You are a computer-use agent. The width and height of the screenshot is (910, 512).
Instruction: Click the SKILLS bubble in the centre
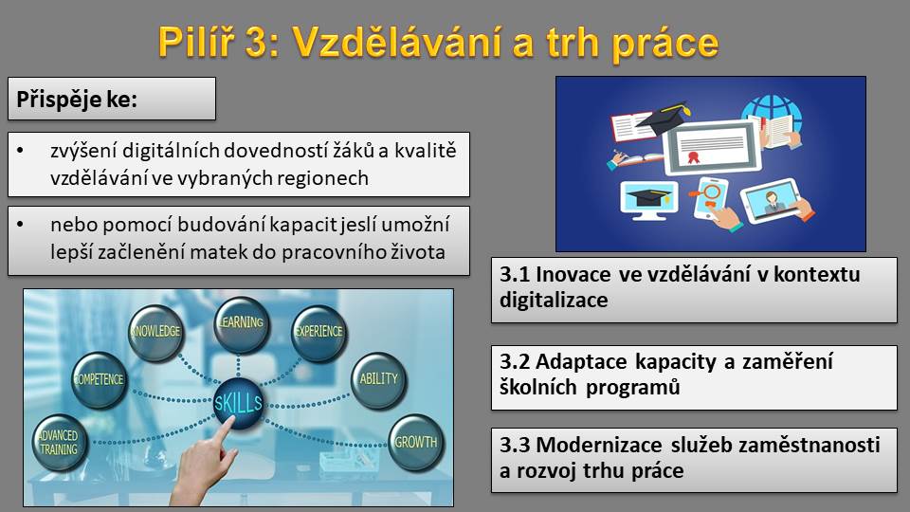tap(239, 403)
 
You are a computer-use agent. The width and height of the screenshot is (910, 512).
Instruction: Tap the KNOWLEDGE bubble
tap(155, 332)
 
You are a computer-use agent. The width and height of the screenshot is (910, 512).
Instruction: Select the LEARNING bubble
tap(241, 322)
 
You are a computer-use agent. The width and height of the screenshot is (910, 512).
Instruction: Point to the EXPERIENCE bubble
tap(318, 332)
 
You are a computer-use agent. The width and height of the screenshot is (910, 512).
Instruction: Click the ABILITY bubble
tap(378, 379)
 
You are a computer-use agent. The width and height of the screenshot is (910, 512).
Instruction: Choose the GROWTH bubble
tap(415, 443)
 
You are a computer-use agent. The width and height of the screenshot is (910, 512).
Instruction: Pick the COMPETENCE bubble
tap(100, 379)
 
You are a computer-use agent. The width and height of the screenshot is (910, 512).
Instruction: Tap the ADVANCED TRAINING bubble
tap(59, 443)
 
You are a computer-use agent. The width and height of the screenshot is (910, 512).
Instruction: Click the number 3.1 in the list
tap(514, 275)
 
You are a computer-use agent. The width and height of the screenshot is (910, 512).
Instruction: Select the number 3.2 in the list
tap(514, 361)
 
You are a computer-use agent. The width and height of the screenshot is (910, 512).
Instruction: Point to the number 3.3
tap(514, 446)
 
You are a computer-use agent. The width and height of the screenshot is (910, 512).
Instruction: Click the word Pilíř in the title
tap(195, 42)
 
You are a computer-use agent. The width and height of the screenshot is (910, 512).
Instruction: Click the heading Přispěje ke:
tap(77, 100)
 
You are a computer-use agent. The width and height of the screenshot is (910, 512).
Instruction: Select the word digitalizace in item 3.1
tap(554, 301)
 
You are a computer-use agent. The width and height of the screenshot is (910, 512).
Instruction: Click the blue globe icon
tap(772, 112)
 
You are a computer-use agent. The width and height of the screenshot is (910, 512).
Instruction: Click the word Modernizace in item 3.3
tap(599, 446)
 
